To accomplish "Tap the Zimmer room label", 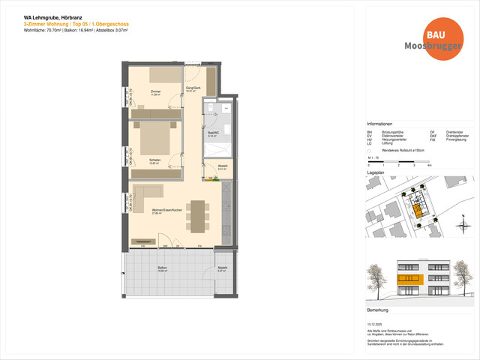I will point(156,91).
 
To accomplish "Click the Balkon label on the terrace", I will point(161,271).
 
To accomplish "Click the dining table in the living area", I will point(198,217).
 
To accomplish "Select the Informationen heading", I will point(379,124).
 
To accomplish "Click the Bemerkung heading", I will point(378,309).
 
